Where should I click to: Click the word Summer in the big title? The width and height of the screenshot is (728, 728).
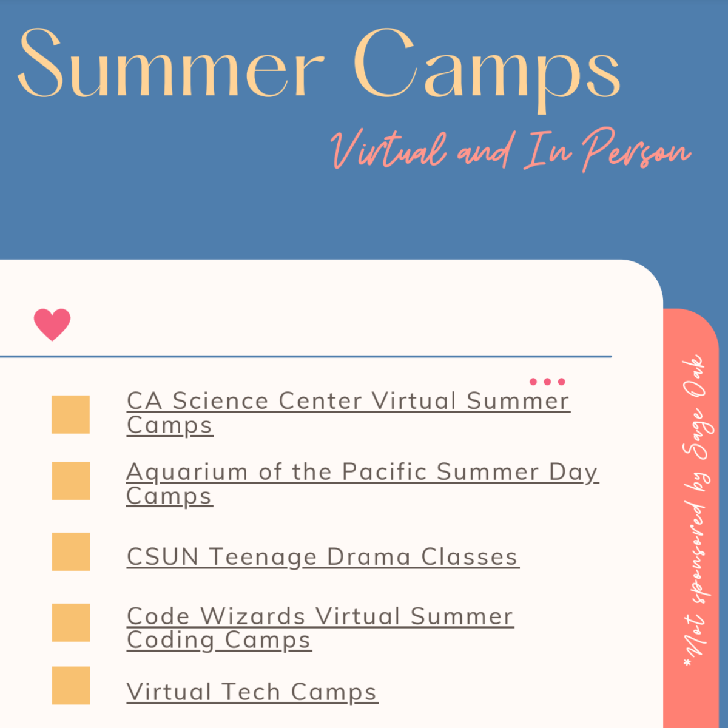point(170,62)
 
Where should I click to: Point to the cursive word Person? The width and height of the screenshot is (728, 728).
point(636,150)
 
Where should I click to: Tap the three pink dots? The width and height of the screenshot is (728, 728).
point(547,382)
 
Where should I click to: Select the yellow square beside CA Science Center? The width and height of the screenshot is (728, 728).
point(70,414)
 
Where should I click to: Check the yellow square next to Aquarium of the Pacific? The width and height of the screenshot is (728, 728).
point(71,480)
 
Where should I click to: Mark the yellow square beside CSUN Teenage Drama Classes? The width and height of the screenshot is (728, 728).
point(71,551)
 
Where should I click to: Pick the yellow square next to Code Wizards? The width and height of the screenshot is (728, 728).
point(71,622)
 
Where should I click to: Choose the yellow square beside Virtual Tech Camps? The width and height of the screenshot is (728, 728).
point(71,686)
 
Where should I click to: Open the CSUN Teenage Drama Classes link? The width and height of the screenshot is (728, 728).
point(323,558)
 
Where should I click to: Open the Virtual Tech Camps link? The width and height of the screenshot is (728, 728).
point(252,692)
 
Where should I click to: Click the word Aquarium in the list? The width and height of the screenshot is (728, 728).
point(187,473)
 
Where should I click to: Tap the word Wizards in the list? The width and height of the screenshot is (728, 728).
point(253,616)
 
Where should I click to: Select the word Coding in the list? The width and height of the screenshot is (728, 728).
point(170,641)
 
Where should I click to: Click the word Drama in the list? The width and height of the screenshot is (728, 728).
point(369,557)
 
